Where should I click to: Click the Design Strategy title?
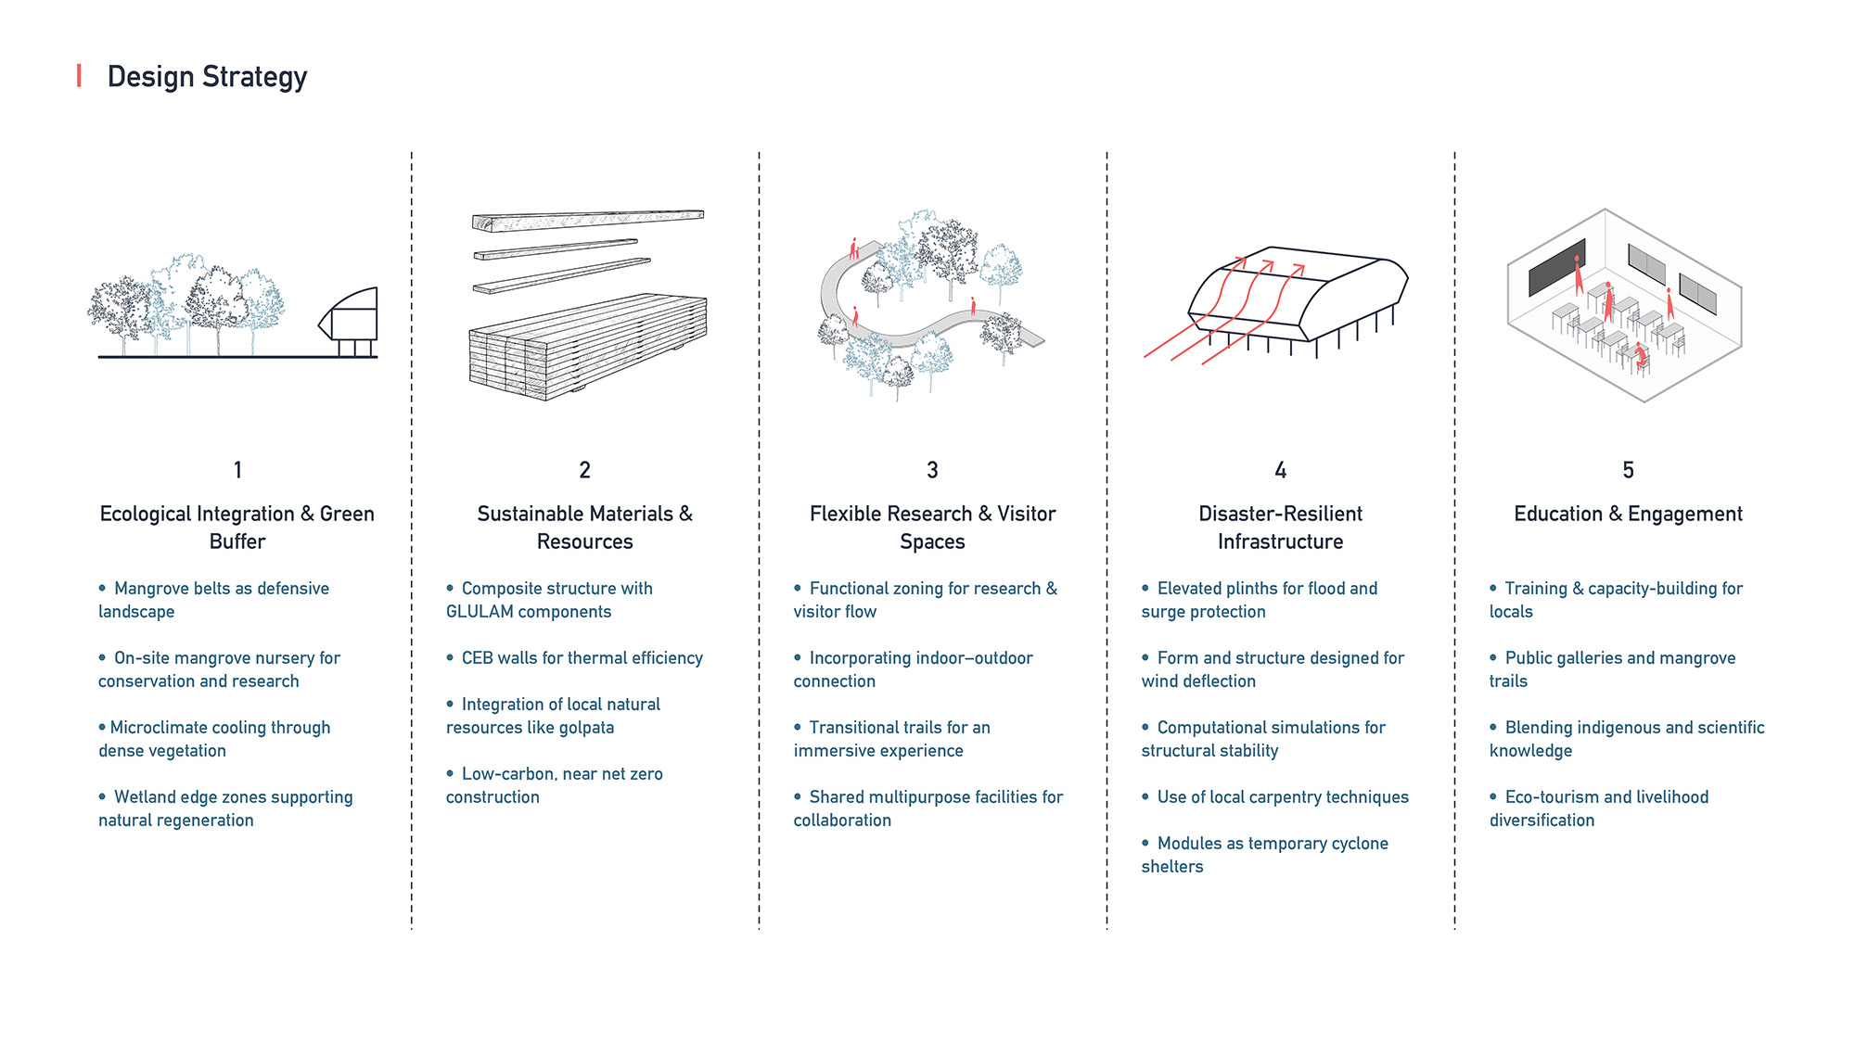(207, 77)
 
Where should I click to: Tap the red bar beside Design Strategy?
(79, 76)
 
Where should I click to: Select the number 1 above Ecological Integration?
(237, 470)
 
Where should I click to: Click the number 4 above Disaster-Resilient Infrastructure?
(1280, 470)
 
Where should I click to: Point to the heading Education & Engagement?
(1628, 514)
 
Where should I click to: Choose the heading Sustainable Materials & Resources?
(584, 527)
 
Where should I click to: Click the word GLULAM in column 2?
(480, 612)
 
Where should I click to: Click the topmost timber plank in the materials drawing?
(587, 220)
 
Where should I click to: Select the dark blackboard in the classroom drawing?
(1555, 269)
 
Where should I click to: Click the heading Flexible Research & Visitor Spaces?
(932, 527)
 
